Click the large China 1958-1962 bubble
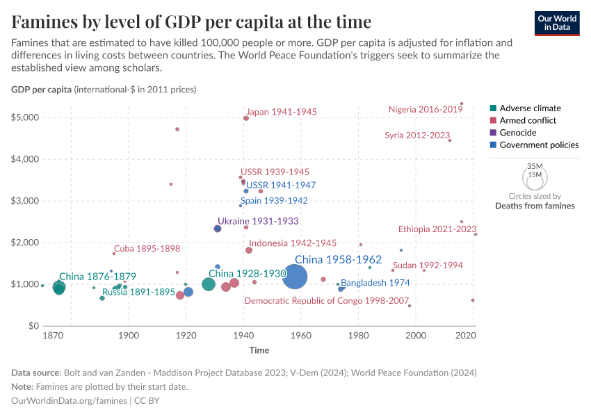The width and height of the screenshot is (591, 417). (295, 278)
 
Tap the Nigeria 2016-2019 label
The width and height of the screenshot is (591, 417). (426, 109)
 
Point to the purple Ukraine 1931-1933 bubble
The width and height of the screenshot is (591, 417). (218, 229)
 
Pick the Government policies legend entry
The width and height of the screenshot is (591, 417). (539, 145)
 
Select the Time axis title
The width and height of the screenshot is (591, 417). (259, 350)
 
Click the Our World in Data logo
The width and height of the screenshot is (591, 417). (557, 22)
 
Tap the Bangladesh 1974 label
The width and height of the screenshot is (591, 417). (375, 283)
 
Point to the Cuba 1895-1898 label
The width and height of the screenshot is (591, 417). (147, 249)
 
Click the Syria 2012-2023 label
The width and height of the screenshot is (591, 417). (417, 136)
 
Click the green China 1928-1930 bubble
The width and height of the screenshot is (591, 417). (209, 284)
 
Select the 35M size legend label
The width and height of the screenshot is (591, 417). (534, 167)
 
